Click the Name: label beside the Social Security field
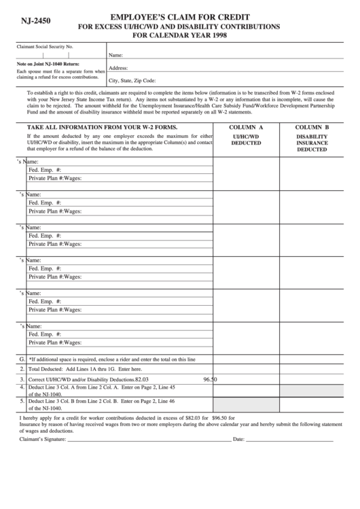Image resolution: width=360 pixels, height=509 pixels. [115, 55]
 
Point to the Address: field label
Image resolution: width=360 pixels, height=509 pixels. [119, 68]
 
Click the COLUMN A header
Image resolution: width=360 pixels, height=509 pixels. [246, 127]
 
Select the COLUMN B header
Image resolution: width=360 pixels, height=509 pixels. [312, 127]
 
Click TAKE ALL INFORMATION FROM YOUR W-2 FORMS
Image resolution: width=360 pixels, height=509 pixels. [102, 127]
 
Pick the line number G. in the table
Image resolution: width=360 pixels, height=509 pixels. [22, 358]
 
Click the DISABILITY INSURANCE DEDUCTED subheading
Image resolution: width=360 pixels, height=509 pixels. [312, 143]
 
